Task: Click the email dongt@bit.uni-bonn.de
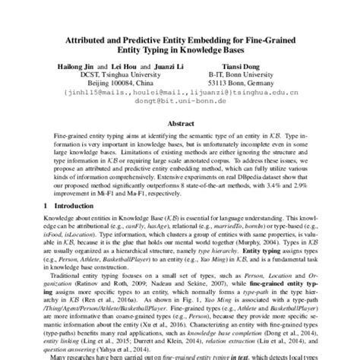tap(181, 106)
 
